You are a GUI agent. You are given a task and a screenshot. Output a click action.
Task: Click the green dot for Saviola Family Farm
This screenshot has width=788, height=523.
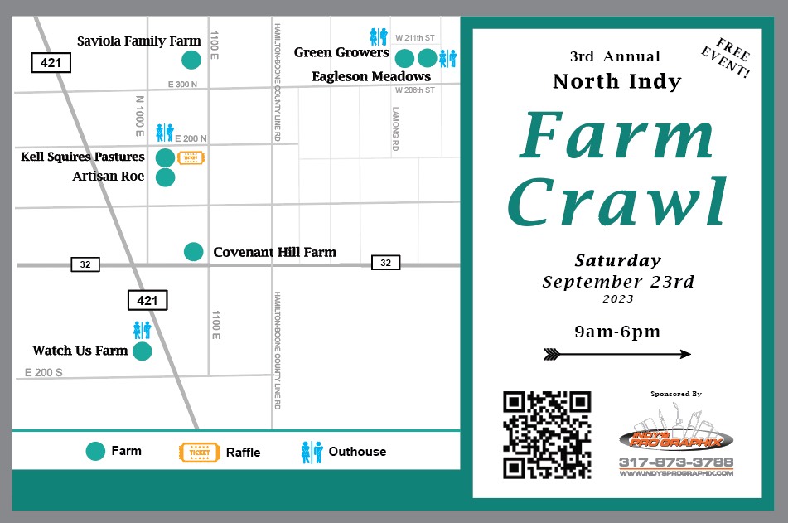(191, 60)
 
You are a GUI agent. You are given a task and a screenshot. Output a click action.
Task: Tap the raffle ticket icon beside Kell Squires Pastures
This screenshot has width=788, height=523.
(191, 157)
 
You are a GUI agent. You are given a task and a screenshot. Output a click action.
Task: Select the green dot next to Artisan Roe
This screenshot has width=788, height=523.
(166, 177)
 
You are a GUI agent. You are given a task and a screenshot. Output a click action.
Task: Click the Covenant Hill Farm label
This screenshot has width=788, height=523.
(274, 252)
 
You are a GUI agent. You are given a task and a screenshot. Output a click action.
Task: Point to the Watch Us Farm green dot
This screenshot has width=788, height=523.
(143, 351)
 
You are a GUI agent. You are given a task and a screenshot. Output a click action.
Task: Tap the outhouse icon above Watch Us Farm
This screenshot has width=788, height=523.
(143, 330)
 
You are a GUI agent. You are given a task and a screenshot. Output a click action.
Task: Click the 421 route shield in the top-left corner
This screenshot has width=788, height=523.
(51, 62)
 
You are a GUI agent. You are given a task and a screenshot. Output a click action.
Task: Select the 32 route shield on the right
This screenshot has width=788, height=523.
(385, 263)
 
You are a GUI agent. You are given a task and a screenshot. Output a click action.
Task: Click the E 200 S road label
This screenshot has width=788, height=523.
(44, 373)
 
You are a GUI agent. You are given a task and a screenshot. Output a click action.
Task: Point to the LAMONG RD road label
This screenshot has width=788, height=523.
(396, 128)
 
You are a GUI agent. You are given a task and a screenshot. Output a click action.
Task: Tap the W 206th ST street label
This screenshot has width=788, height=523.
(414, 90)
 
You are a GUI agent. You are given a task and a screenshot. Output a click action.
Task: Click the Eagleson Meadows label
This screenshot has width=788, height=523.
(371, 76)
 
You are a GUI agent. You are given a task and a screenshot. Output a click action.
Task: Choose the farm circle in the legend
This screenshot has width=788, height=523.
(96, 452)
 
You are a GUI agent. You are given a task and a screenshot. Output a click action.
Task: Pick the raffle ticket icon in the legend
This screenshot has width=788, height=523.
(200, 453)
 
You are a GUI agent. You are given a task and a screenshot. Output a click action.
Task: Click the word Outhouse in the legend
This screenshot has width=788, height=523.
(357, 452)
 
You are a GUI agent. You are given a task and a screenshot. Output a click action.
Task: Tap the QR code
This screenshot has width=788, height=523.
(548, 435)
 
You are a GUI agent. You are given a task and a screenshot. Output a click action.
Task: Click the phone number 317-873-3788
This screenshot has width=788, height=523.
(676, 462)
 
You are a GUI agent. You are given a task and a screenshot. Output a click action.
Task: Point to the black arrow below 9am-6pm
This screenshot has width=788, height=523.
(616, 355)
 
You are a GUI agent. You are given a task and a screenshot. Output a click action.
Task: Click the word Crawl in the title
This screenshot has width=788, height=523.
(617, 201)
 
